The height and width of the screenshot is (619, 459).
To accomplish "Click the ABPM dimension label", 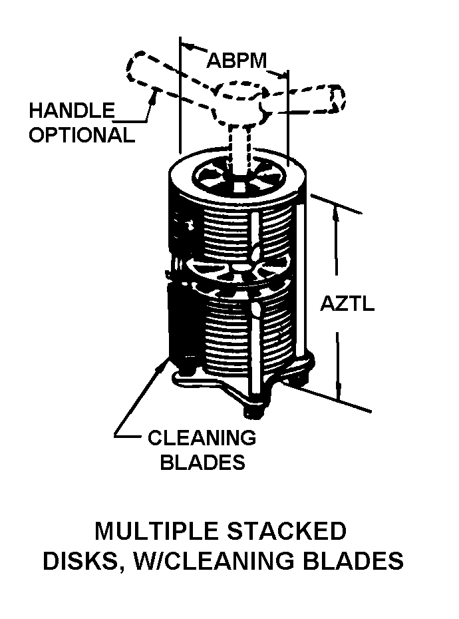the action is pos(237,61).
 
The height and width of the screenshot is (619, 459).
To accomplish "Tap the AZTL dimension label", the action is pos(347,304).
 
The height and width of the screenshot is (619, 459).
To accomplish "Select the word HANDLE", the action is pos(72,110).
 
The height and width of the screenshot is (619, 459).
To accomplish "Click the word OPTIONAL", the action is pos(82,134).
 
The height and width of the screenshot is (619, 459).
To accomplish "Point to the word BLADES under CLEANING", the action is pos(202,461).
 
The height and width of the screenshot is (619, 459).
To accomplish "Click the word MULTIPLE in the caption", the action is pos(157,530).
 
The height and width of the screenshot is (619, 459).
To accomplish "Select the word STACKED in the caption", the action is pos(287,530).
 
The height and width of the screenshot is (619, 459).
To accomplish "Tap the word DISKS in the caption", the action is pos(80,561).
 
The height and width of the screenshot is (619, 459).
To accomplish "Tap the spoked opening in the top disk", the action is pos(237,179).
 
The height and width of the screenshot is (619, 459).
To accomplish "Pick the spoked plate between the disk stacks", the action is pos(237,272).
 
